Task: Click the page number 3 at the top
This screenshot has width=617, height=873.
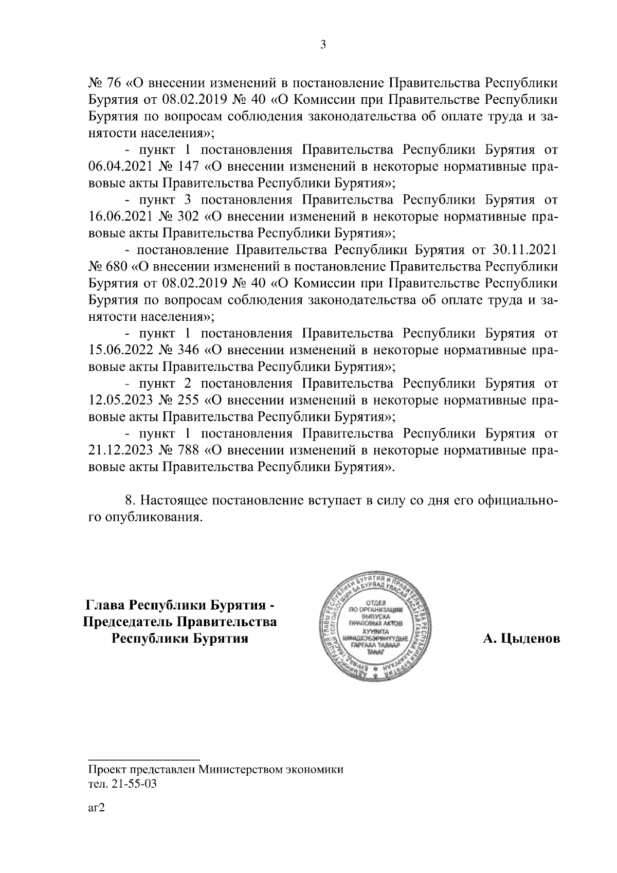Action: coord(322,45)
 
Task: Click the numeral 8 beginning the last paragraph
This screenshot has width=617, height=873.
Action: coord(129,500)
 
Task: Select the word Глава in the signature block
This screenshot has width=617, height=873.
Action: coord(105,604)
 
